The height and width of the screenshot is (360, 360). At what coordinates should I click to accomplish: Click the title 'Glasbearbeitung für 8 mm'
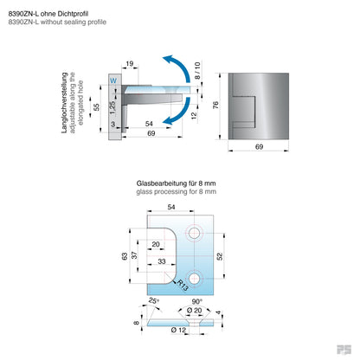(177, 183)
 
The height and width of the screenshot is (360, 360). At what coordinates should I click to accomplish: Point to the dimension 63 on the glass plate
(124, 256)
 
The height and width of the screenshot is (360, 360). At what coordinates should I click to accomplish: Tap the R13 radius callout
(183, 283)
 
